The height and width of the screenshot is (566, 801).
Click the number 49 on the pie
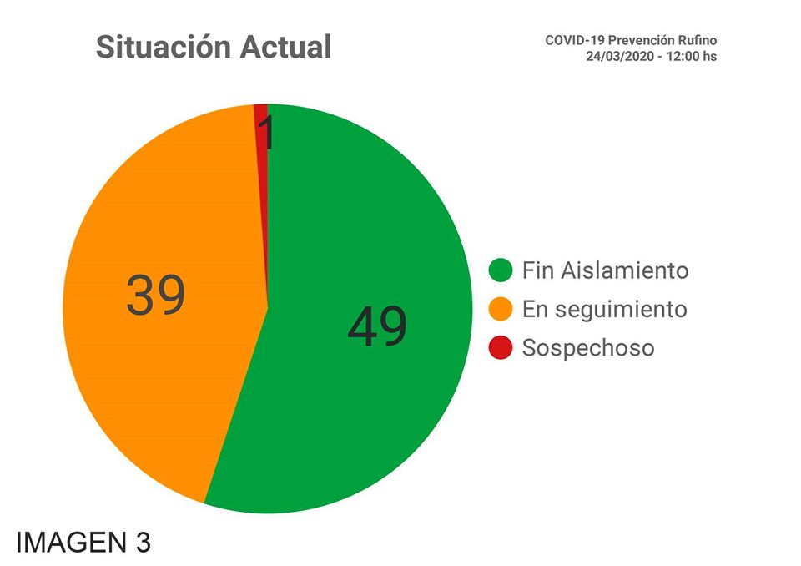377,326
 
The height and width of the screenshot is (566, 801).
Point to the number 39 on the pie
156,296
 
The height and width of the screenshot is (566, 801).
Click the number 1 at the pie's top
265,134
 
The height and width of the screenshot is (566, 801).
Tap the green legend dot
501,270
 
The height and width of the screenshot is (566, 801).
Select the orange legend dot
501,309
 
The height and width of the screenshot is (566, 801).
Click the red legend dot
501,347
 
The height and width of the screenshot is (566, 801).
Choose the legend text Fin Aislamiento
605,270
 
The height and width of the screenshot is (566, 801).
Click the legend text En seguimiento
604,310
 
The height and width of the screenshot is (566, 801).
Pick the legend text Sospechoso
588,348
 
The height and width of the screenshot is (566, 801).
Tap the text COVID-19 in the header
572,40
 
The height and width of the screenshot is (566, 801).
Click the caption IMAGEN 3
83,542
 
